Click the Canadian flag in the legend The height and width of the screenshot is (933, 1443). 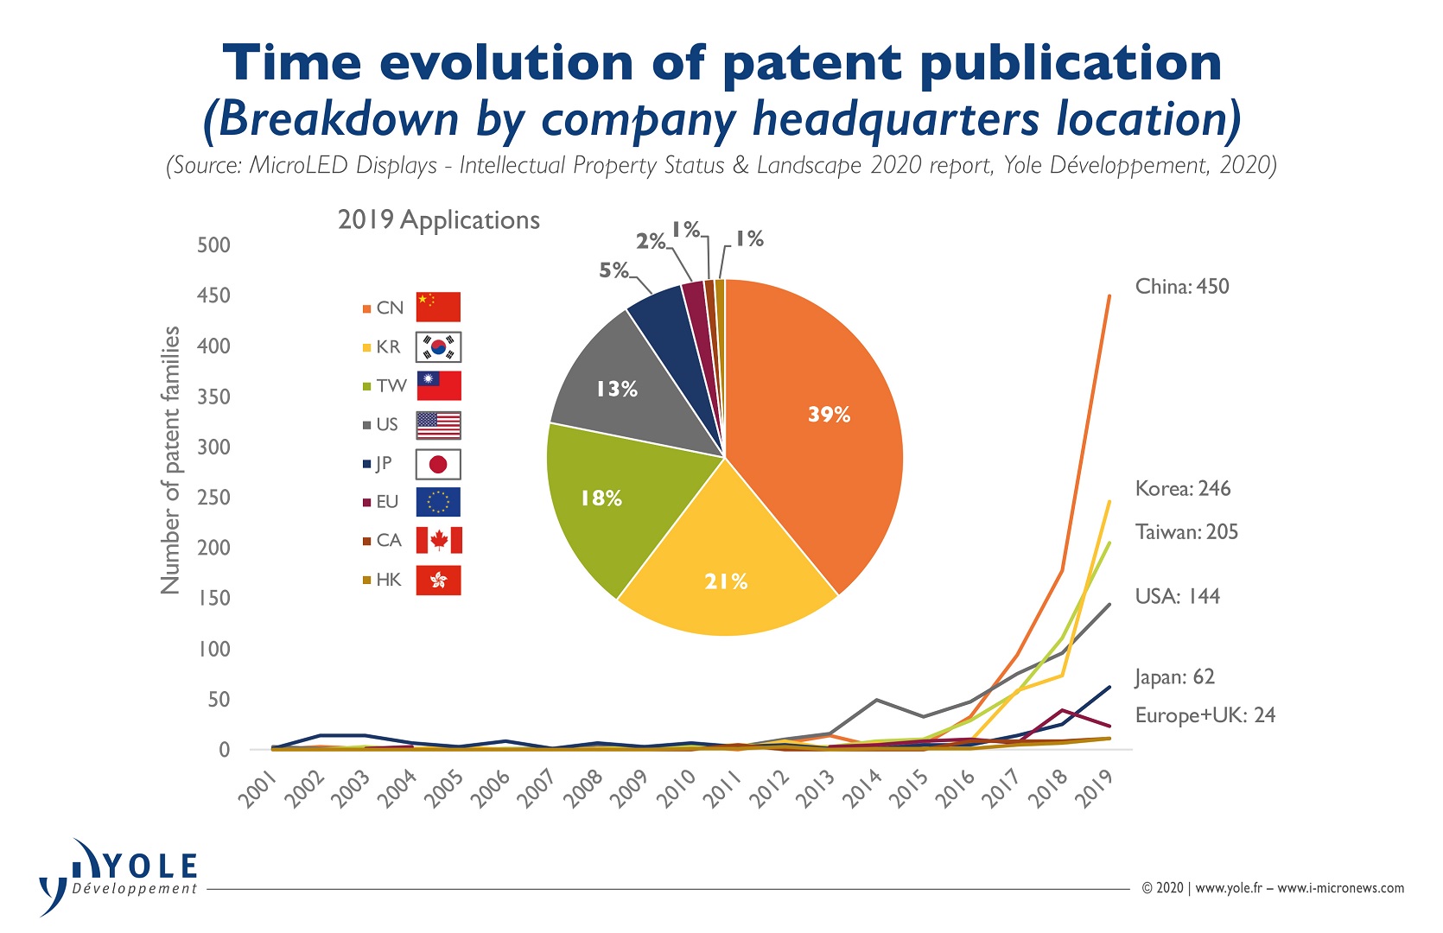point(439,541)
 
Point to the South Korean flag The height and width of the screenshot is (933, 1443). point(439,347)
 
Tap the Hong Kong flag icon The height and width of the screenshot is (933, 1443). point(439,581)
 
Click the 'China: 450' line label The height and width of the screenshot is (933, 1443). point(1182,287)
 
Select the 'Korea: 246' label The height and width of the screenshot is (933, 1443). point(1183,489)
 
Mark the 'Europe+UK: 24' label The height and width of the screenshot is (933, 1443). point(1205,715)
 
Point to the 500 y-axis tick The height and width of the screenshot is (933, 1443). point(214,245)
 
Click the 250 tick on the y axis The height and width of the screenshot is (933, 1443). point(214,498)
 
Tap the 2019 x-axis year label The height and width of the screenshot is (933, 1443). point(1095,788)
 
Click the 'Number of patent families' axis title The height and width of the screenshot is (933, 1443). point(170,460)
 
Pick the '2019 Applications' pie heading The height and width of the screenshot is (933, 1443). point(439,220)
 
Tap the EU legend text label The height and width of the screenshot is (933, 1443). point(387,502)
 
